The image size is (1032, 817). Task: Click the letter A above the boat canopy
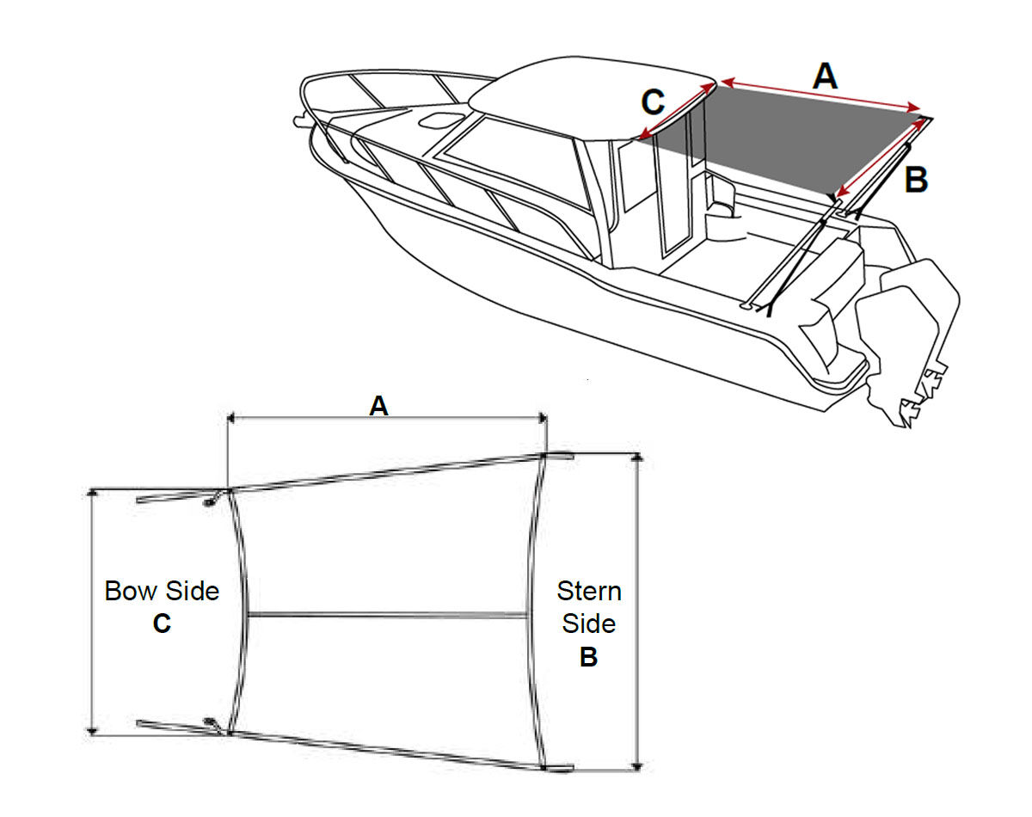(x=825, y=76)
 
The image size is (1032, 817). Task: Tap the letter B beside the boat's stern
(x=916, y=180)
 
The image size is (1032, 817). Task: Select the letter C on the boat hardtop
(x=653, y=101)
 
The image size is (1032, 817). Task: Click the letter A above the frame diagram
(x=379, y=406)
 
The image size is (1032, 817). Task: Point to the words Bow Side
(x=162, y=591)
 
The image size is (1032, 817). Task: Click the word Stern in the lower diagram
(x=589, y=591)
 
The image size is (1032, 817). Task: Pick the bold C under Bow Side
(x=162, y=623)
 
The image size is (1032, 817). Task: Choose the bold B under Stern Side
(x=588, y=657)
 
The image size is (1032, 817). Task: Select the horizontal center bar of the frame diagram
(x=388, y=616)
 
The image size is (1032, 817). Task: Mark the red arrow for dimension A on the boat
(x=820, y=95)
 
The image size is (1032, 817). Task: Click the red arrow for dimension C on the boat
(x=677, y=111)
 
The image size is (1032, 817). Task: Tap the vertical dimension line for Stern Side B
(x=637, y=612)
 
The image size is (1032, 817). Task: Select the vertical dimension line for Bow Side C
(x=92, y=612)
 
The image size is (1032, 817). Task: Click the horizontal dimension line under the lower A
(x=386, y=419)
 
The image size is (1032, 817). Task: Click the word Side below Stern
(x=588, y=623)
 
